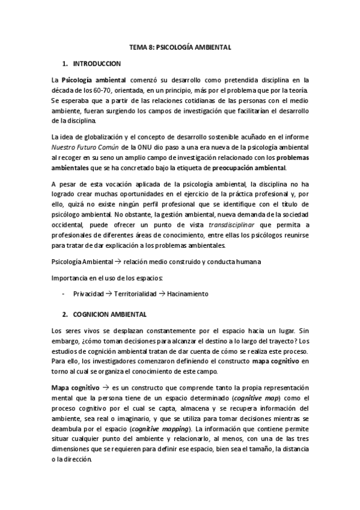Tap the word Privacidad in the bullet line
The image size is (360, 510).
(x=88, y=294)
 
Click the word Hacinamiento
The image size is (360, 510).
(x=188, y=294)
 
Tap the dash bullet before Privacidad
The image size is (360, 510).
(x=64, y=294)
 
